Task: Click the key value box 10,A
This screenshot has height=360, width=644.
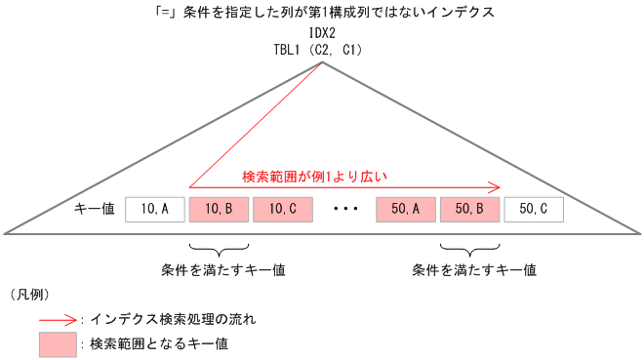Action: pyautogui.click(x=155, y=208)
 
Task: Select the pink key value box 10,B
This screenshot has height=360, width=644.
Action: pyautogui.click(x=219, y=208)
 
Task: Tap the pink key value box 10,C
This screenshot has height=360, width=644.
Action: pyautogui.click(x=282, y=208)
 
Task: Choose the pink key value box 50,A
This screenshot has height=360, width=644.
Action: pyautogui.click(x=405, y=208)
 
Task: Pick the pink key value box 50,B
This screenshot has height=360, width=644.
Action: pyautogui.click(x=469, y=208)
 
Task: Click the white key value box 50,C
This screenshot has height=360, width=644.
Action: pyautogui.click(x=534, y=208)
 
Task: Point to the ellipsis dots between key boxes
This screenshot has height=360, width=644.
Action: pyautogui.click(x=343, y=209)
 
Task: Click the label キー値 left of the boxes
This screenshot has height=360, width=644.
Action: pyautogui.click(x=95, y=208)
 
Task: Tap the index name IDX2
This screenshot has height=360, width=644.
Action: pyautogui.click(x=321, y=33)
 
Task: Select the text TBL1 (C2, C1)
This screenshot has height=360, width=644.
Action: pyautogui.click(x=321, y=49)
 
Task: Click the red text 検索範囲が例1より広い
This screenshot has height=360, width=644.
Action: pyautogui.click(x=314, y=177)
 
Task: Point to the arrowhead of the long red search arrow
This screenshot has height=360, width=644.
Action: pyautogui.click(x=497, y=186)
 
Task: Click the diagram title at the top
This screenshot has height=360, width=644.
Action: pyautogui.click(x=321, y=13)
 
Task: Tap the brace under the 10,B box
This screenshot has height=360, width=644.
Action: pyautogui.click(x=219, y=245)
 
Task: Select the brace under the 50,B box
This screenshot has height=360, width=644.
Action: pyautogui.click(x=469, y=245)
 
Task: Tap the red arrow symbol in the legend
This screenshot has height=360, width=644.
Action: pyautogui.click(x=58, y=318)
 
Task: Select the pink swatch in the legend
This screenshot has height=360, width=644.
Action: pyautogui.click(x=58, y=343)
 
